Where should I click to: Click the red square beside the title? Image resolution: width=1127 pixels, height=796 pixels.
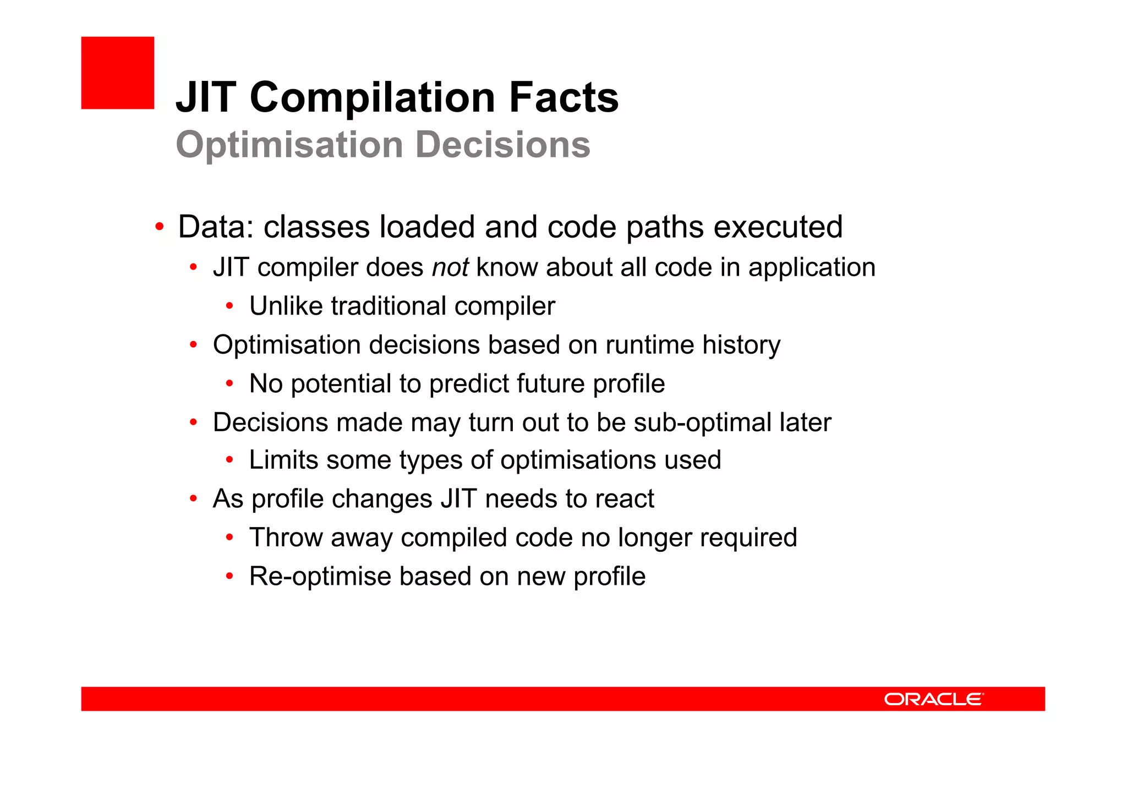point(117,73)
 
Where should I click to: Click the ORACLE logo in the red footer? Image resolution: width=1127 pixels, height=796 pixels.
point(933,699)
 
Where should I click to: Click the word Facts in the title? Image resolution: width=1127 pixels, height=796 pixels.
point(563,97)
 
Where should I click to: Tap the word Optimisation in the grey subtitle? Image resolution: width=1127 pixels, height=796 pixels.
point(289,145)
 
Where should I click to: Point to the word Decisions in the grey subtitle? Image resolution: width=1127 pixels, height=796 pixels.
point(502,145)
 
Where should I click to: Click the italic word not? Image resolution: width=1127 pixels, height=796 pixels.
point(450,267)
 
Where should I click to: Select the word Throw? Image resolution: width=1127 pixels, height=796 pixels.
point(286,537)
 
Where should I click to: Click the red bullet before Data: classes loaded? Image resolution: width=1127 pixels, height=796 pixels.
point(159,227)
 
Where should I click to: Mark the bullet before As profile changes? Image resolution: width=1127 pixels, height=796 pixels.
point(193,499)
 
